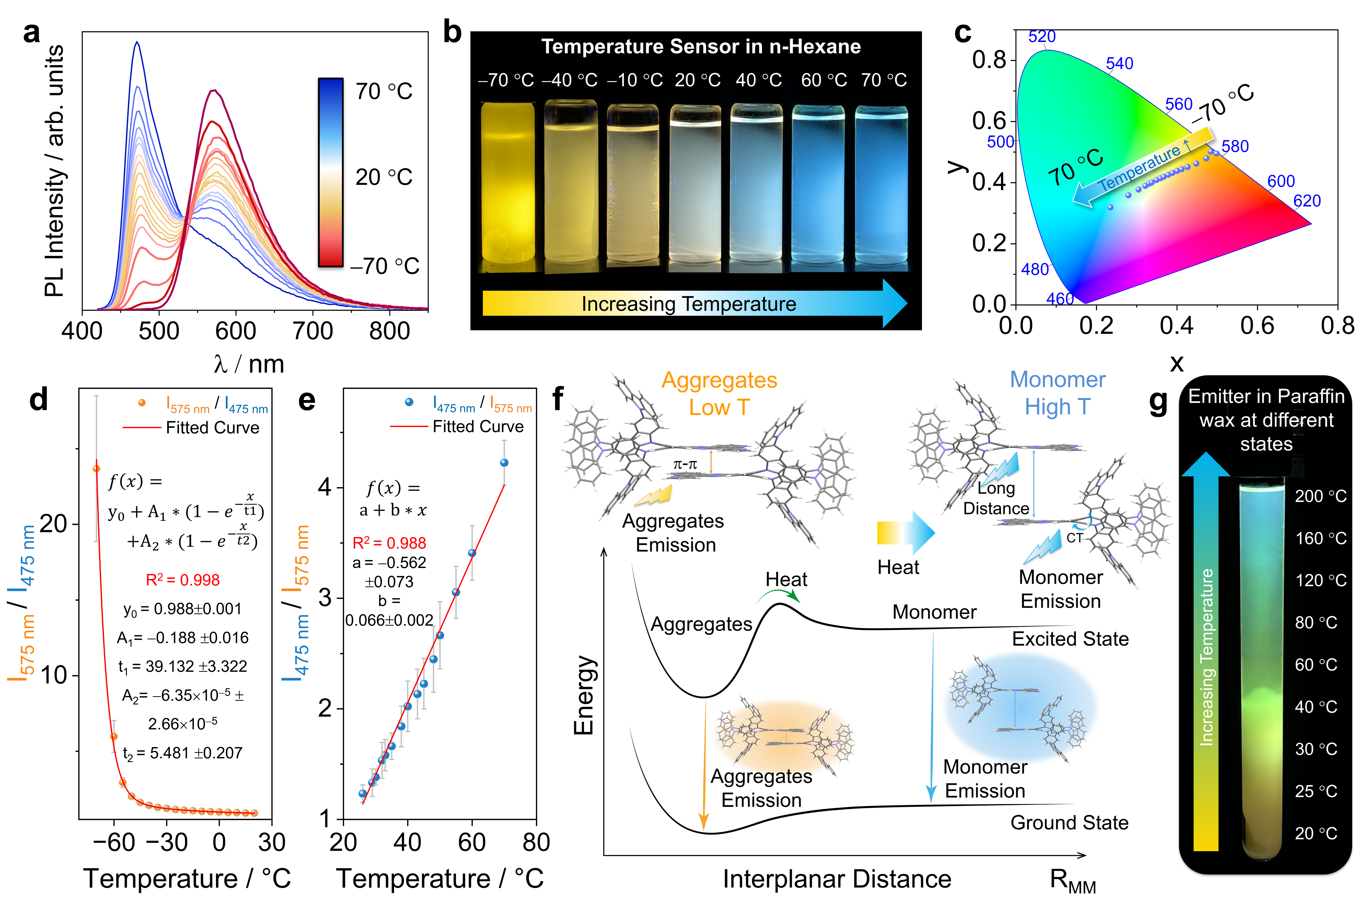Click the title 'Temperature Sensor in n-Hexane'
coord(701,46)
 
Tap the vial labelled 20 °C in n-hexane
coord(695,186)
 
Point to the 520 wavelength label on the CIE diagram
coord(1042,36)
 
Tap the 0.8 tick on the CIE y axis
coord(989,60)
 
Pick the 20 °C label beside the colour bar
coord(383,177)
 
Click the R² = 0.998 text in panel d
coord(183,580)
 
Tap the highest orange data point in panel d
coord(96,468)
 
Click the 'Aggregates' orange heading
coord(719,380)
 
